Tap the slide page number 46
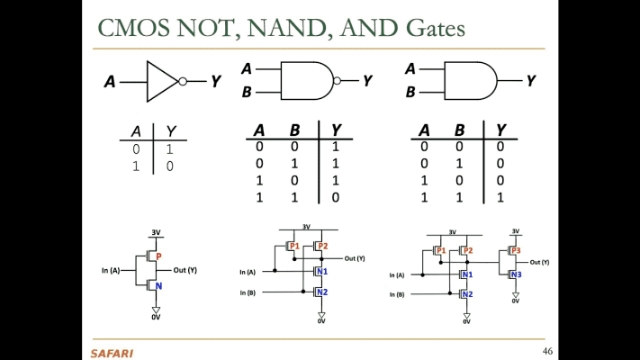point(547,349)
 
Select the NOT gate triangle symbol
point(162,81)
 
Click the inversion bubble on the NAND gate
point(337,81)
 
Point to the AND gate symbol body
point(468,81)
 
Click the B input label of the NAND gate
point(247,92)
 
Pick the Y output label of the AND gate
point(531,81)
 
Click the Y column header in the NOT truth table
point(170,131)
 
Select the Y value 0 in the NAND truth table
point(336,197)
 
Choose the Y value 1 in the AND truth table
point(500,197)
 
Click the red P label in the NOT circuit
point(158,256)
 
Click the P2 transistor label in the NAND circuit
point(322,246)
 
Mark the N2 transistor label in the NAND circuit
point(321,292)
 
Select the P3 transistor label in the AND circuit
point(516,250)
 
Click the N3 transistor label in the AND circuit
point(516,274)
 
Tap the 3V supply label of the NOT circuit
point(156,232)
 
